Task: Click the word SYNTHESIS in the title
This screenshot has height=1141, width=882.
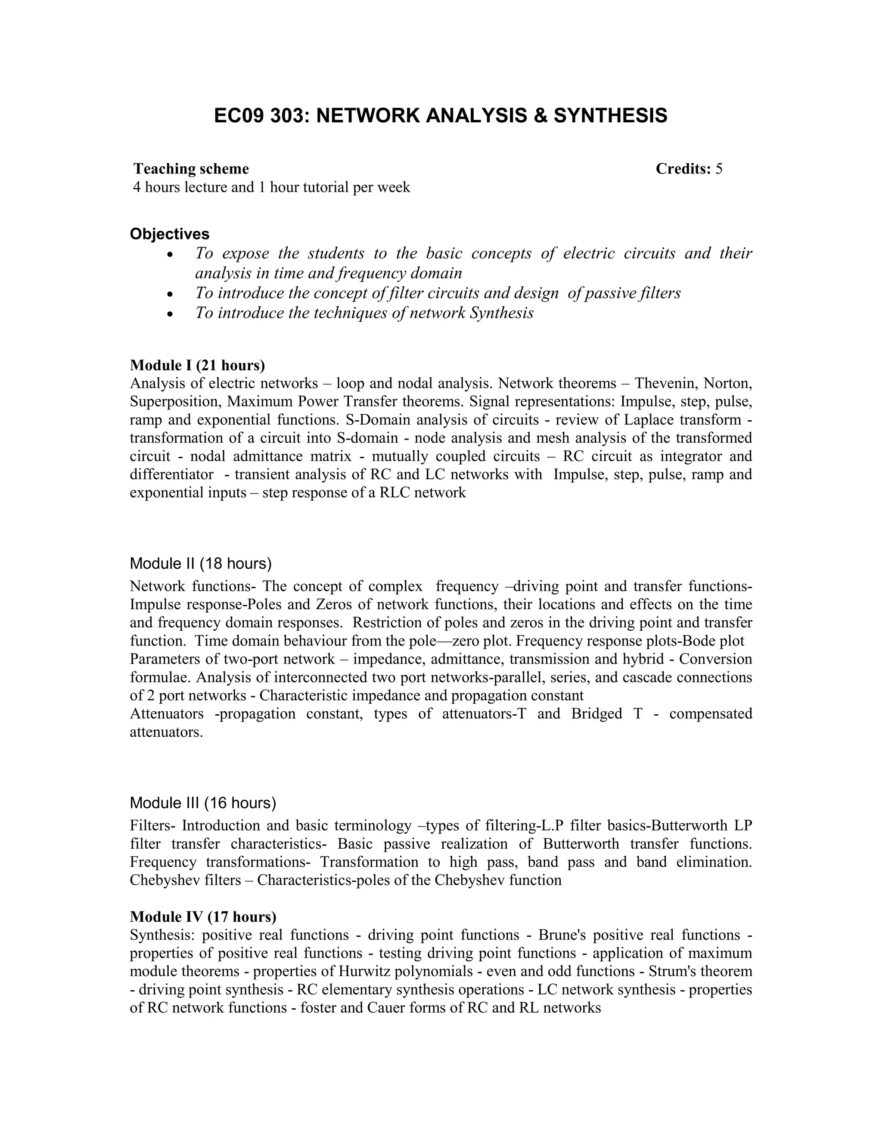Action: click(x=610, y=115)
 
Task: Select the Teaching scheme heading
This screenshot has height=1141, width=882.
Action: click(x=191, y=169)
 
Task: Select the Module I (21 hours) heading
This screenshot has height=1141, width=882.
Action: click(x=198, y=365)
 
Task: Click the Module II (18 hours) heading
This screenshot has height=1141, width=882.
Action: click(x=201, y=563)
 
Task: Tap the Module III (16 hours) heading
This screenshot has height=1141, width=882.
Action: click(x=203, y=803)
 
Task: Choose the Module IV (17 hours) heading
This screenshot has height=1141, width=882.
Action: click(x=203, y=916)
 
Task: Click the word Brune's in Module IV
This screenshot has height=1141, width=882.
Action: click(x=563, y=935)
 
